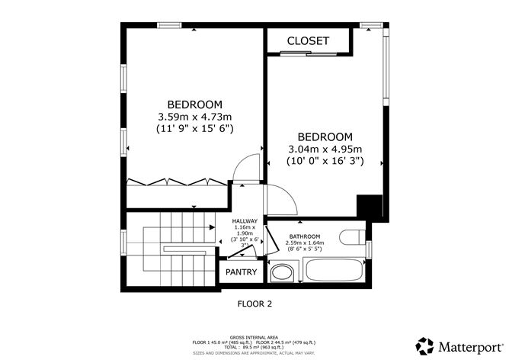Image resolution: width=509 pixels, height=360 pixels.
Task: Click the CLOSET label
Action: (x=308, y=40)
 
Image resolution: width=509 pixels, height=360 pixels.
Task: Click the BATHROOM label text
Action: (x=303, y=236)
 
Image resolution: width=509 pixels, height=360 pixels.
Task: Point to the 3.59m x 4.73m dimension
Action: (x=194, y=117)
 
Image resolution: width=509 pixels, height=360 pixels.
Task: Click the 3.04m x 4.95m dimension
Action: (x=325, y=149)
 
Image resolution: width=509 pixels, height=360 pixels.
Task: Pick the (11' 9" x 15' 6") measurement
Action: (x=194, y=129)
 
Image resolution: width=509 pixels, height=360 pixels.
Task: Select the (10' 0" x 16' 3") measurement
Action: (x=325, y=161)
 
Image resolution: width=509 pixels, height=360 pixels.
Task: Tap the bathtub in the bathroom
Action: (x=333, y=272)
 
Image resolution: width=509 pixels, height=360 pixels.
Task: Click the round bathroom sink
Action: (x=283, y=272)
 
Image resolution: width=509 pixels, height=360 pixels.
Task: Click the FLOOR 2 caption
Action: (x=254, y=303)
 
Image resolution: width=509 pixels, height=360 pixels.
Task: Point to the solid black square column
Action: (x=370, y=207)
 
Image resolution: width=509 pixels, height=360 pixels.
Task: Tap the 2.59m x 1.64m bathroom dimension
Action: (x=303, y=243)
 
